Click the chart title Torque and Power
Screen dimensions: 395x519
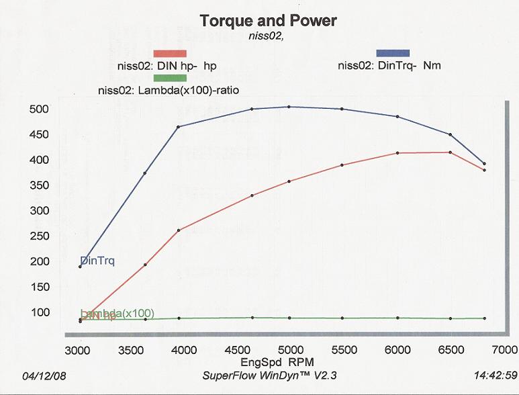(x=268, y=21)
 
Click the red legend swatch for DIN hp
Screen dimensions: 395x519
(x=169, y=54)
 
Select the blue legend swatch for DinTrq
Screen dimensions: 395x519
(x=393, y=52)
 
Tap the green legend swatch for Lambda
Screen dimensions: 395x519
(x=169, y=77)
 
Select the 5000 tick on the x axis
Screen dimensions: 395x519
(x=291, y=349)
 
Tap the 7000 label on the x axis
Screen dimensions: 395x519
(x=504, y=349)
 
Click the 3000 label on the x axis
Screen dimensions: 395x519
(x=79, y=349)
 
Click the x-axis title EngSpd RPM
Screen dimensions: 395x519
(x=291, y=361)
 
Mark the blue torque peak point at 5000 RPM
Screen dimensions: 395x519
(x=289, y=107)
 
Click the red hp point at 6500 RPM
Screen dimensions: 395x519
(x=450, y=152)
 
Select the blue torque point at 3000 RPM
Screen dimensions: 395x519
(x=80, y=267)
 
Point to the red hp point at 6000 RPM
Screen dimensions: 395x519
(x=398, y=153)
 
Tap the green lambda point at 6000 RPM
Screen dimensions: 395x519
(x=398, y=318)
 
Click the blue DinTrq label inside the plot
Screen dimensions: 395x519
(x=97, y=261)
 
